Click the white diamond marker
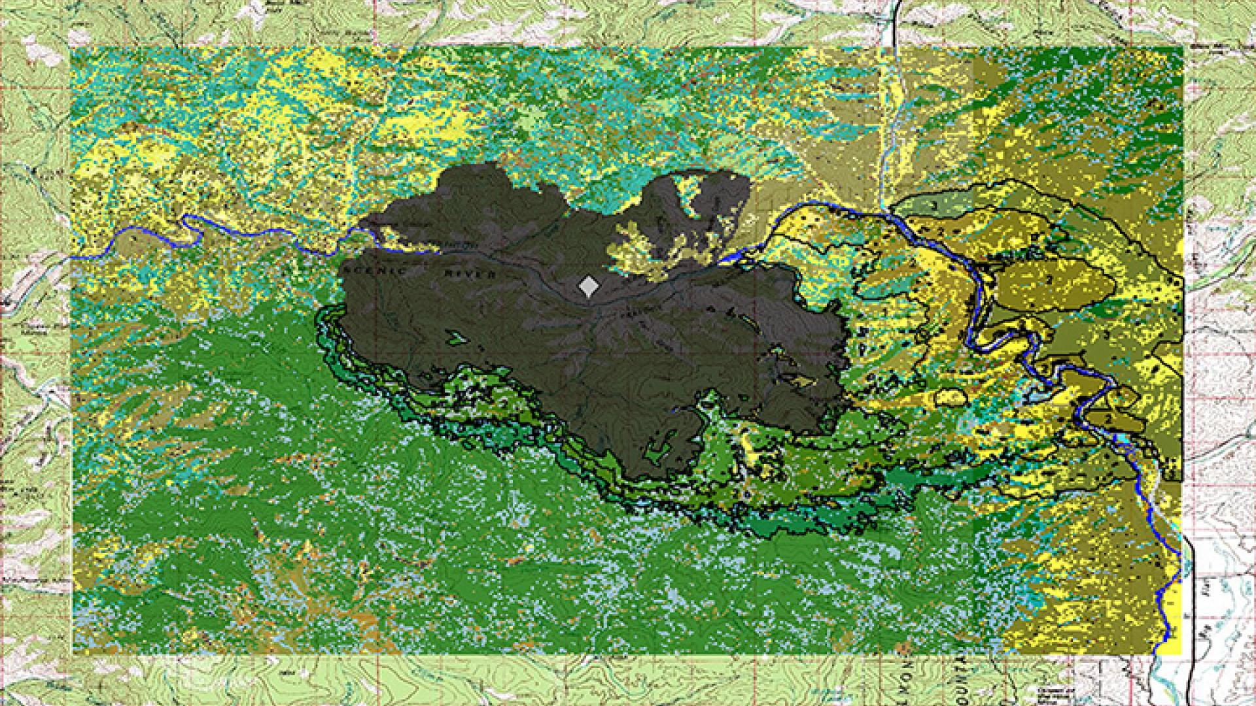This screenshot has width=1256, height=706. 589,286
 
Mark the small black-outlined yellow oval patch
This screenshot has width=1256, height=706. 952,397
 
